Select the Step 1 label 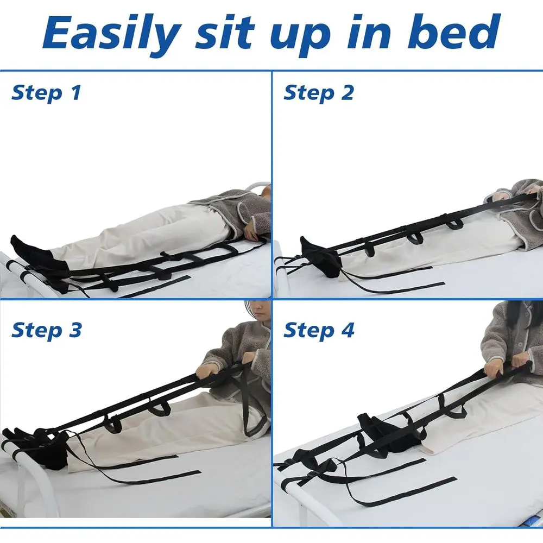(x=46, y=93)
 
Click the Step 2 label (x=318, y=93)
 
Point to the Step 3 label (x=46, y=330)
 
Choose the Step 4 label (x=319, y=330)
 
